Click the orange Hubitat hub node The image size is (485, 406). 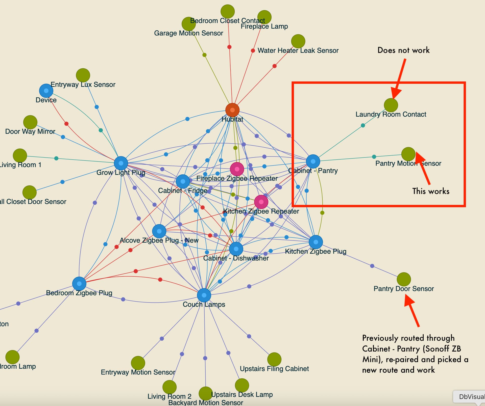pos(232,110)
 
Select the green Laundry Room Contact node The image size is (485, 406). pos(391,105)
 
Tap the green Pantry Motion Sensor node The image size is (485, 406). pos(408,154)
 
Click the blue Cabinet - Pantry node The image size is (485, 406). pos(313,161)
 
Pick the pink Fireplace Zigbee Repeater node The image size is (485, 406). pos(237,169)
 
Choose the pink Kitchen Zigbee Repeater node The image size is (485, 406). pos(261,202)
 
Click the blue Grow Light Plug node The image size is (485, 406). pos(121,163)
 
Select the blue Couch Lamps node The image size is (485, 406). pos(204,295)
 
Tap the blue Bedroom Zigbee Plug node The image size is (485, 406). pos(79,284)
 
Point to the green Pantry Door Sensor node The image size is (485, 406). pos(404,279)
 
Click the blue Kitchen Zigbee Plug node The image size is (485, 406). pos(316,242)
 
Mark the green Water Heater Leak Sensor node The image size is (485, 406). pos(298,41)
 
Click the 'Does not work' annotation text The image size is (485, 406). pos(403,50)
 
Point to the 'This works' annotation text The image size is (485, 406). pos(431,191)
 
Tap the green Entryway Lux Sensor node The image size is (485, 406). pos(83,75)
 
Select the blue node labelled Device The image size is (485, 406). pos(46,91)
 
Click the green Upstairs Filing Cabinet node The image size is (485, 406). pos(274,359)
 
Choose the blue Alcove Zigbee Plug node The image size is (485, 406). pos(159,231)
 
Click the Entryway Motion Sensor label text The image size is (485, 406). pos(138,372)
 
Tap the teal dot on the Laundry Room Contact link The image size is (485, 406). pos(363,125)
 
